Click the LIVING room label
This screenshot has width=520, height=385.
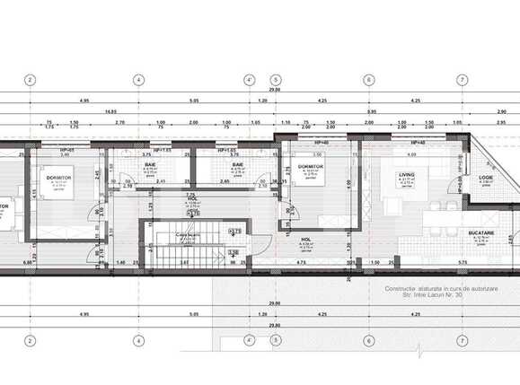pyautogui.click(x=407, y=176)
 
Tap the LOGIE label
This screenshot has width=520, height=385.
pyautogui.click(x=486, y=178)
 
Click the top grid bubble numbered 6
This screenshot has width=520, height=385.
pyautogui.click(x=368, y=79)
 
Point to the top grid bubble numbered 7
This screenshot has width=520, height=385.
pyautogui.click(x=461, y=79)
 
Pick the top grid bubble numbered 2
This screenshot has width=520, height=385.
pyautogui.click(x=31, y=79)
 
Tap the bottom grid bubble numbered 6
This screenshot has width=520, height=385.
pyautogui.click(x=368, y=340)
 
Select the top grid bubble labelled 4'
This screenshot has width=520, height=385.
pyautogui.click(x=248, y=79)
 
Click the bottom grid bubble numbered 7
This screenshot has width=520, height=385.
pyautogui.click(x=461, y=340)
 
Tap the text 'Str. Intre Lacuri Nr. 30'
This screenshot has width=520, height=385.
pyautogui.click(x=422, y=294)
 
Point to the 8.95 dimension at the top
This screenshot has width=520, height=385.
pyautogui.click(x=369, y=111)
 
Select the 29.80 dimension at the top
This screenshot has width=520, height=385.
pyautogui.click(x=274, y=90)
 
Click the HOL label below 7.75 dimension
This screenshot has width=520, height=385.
pyautogui.click(x=191, y=199)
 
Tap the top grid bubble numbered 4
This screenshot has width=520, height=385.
pyautogui.click(x=138, y=79)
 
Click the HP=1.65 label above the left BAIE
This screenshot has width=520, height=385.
pyautogui.click(x=162, y=150)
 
